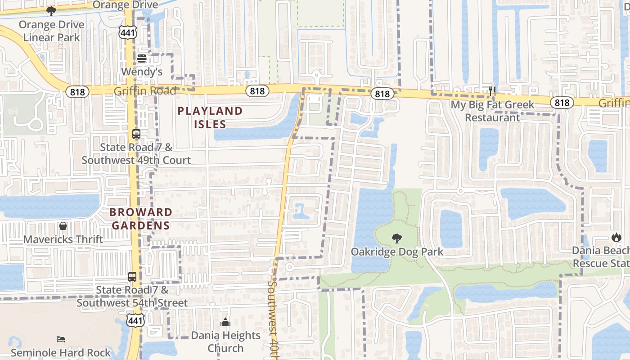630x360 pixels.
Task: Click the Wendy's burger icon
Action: (x=142, y=58)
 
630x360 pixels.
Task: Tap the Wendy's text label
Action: (x=142, y=72)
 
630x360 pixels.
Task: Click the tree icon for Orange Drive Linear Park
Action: (x=51, y=11)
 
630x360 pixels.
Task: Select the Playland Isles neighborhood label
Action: (x=210, y=117)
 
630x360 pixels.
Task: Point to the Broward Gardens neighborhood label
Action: (x=141, y=218)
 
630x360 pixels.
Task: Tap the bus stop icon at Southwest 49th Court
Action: (x=136, y=134)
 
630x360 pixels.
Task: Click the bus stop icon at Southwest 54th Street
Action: (x=132, y=277)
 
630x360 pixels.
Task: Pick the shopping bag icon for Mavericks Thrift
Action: (x=63, y=226)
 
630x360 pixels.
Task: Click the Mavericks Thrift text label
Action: (x=63, y=239)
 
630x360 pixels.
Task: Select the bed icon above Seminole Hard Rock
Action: (x=61, y=339)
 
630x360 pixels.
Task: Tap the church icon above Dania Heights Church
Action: (x=225, y=322)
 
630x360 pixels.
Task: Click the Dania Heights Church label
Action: (x=225, y=342)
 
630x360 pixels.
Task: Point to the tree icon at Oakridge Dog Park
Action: (x=397, y=238)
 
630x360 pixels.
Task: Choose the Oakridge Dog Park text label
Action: (x=397, y=252)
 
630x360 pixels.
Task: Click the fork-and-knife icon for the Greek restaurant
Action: (x=492, y=91)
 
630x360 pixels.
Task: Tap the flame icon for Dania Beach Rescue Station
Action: (x=616, y=237)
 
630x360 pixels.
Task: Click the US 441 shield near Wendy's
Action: (x=127, y=32)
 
